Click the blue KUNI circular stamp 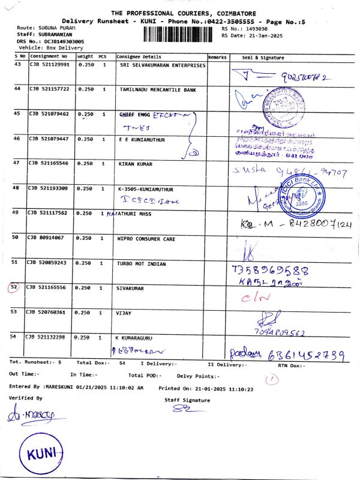click(x=40, y=451)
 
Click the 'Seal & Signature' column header click(x=263, y=57)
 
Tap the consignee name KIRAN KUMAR click(x=136, y=164)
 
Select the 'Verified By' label click(x=26, y=398)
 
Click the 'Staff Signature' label click(x=187, y=400)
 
